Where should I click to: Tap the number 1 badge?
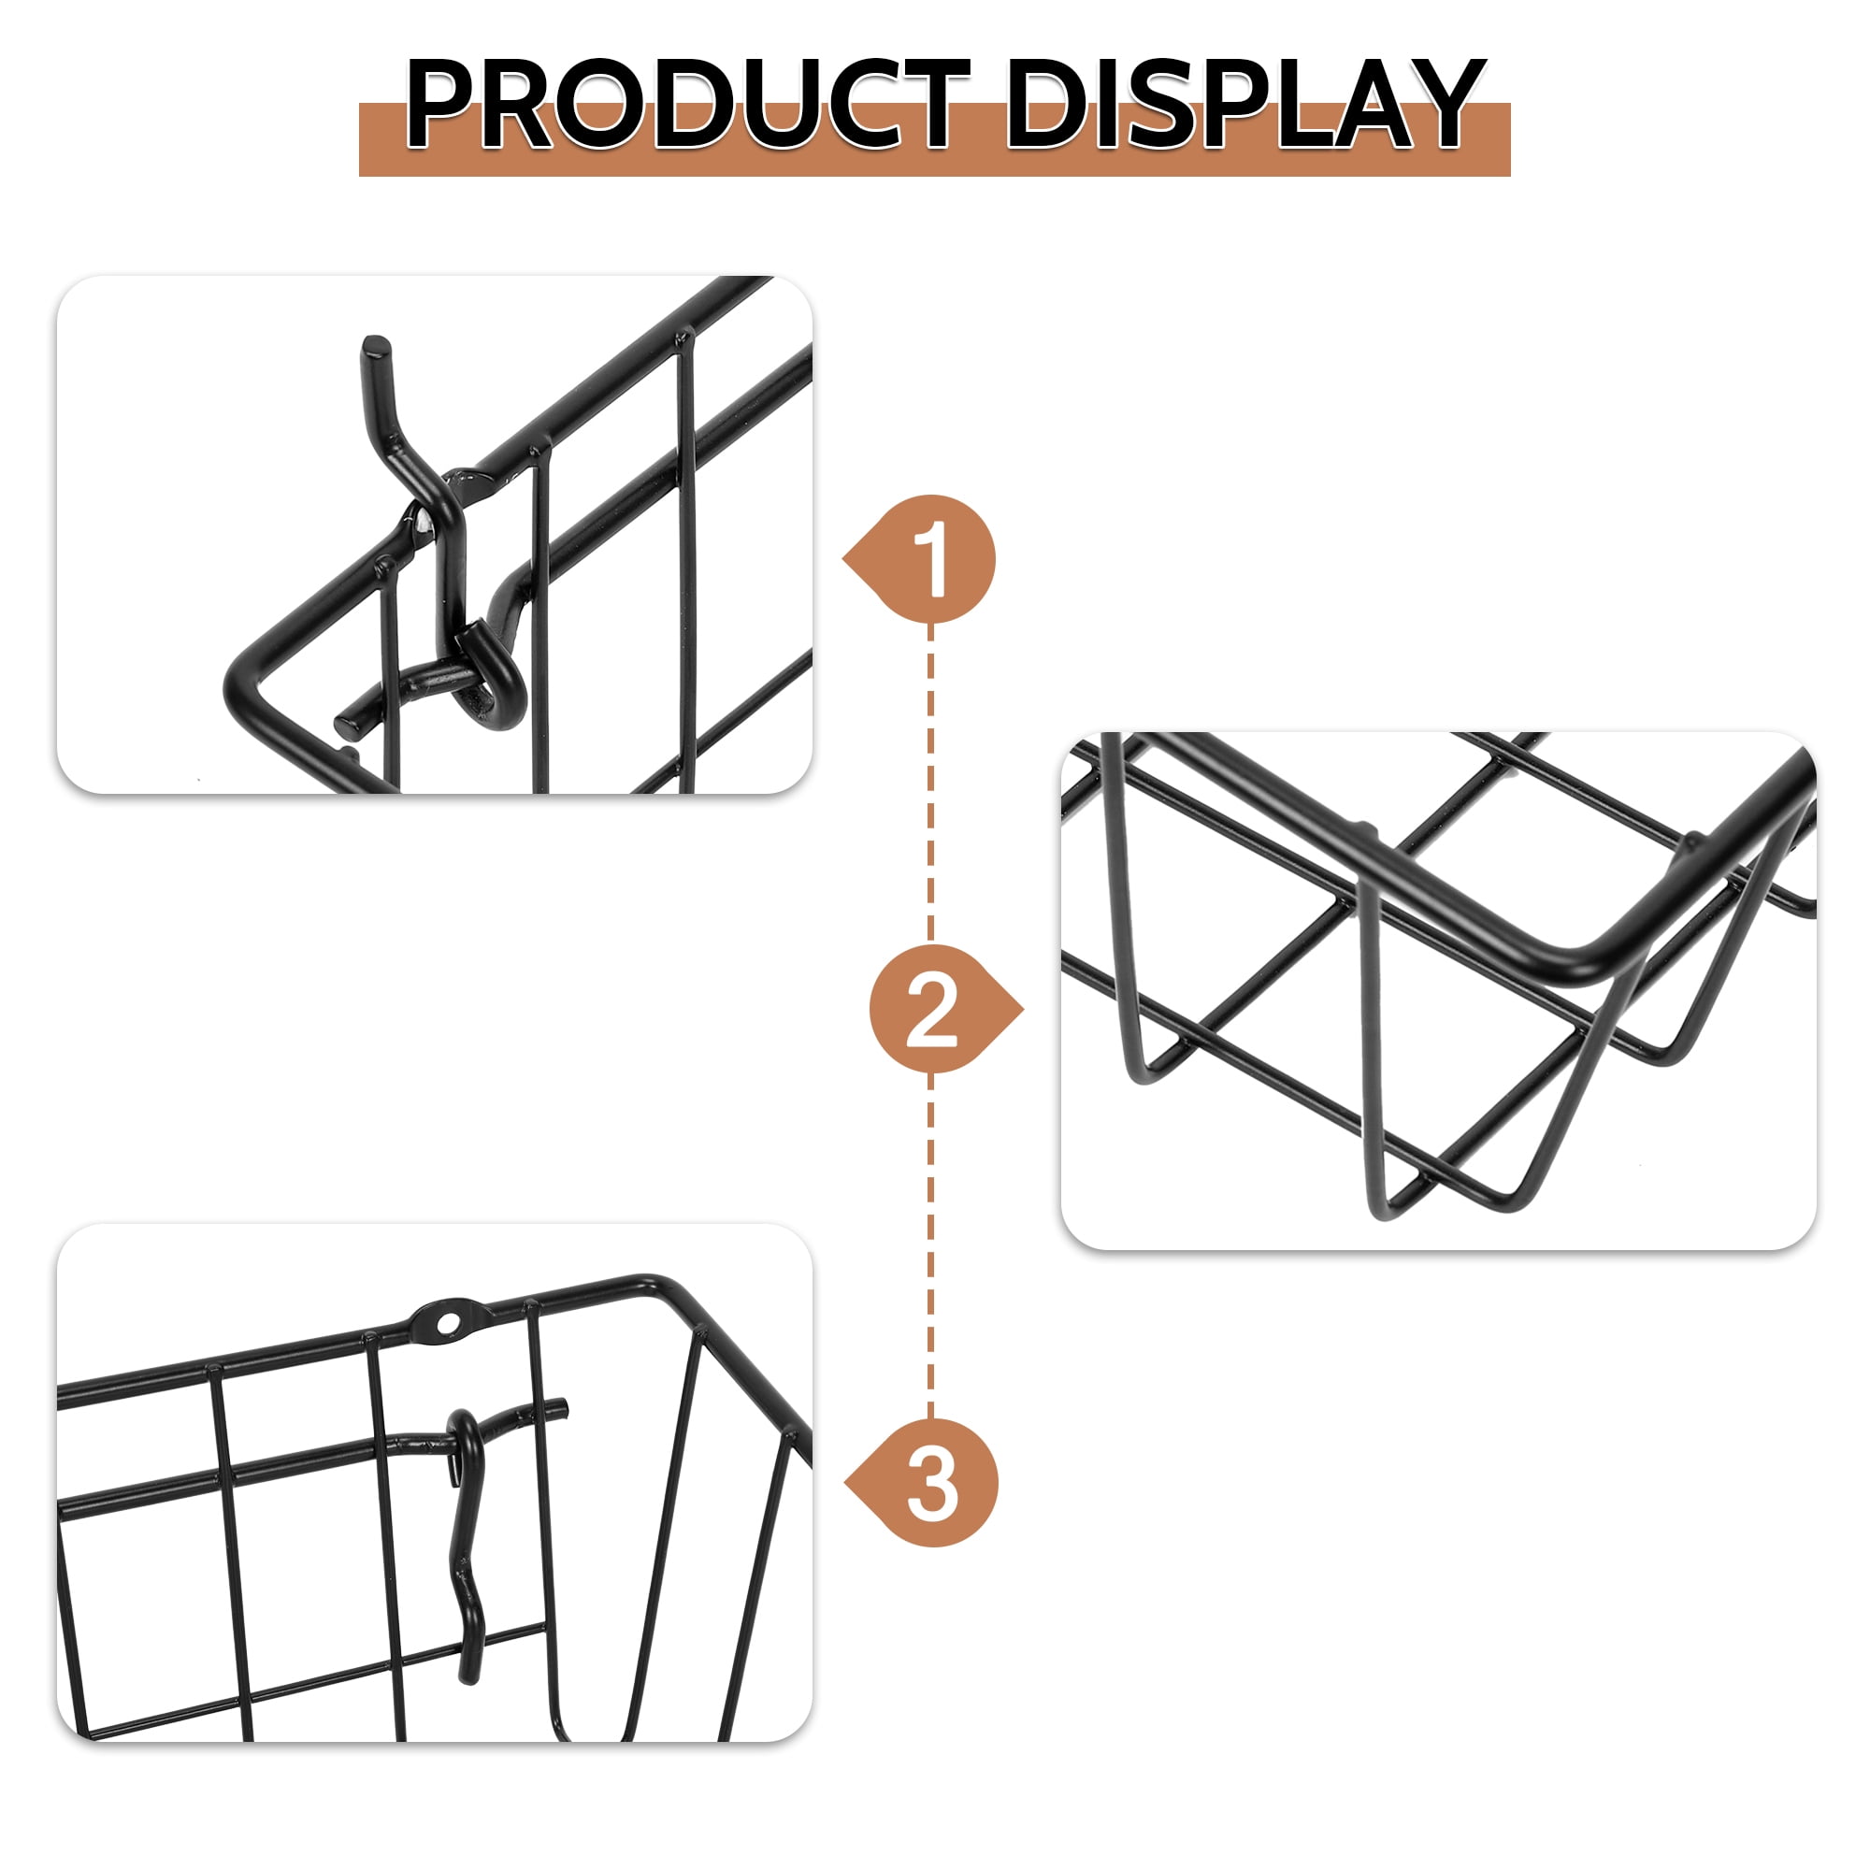coord(931,560)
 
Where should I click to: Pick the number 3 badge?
coord(932,1483)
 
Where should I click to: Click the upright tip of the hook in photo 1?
coord(376,347)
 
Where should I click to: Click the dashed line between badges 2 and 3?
coord(931,1248)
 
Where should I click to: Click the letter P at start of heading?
coord(441,105)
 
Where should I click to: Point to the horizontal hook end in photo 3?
coord(555,1407)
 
